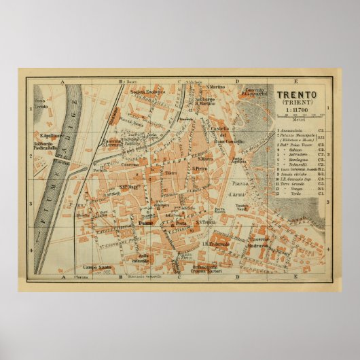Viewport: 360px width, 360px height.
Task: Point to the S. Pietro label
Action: point(200,168)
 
